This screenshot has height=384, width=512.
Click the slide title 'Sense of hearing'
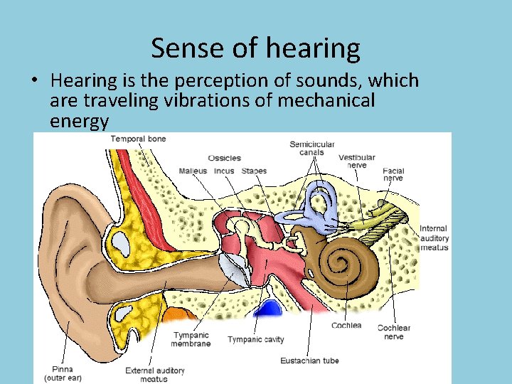[255, 48]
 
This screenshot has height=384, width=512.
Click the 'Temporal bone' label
[139, 139]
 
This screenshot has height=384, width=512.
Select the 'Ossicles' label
[224, 158]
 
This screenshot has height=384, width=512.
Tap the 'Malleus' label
[193, 171]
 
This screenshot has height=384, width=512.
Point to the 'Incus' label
[224, 171]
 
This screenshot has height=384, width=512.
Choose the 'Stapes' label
[254, 171]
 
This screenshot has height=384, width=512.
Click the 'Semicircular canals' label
[311, 149]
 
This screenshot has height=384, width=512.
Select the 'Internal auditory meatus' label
[433, 238]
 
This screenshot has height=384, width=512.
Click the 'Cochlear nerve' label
[393, 332]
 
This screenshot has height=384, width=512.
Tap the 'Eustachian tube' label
[309, 361]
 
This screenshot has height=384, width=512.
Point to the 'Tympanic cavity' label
[255, 340]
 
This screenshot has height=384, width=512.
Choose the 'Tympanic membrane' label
[191, 340]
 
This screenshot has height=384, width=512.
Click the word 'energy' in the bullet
[79, 121]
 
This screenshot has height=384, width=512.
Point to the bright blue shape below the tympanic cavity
[269, 309]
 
